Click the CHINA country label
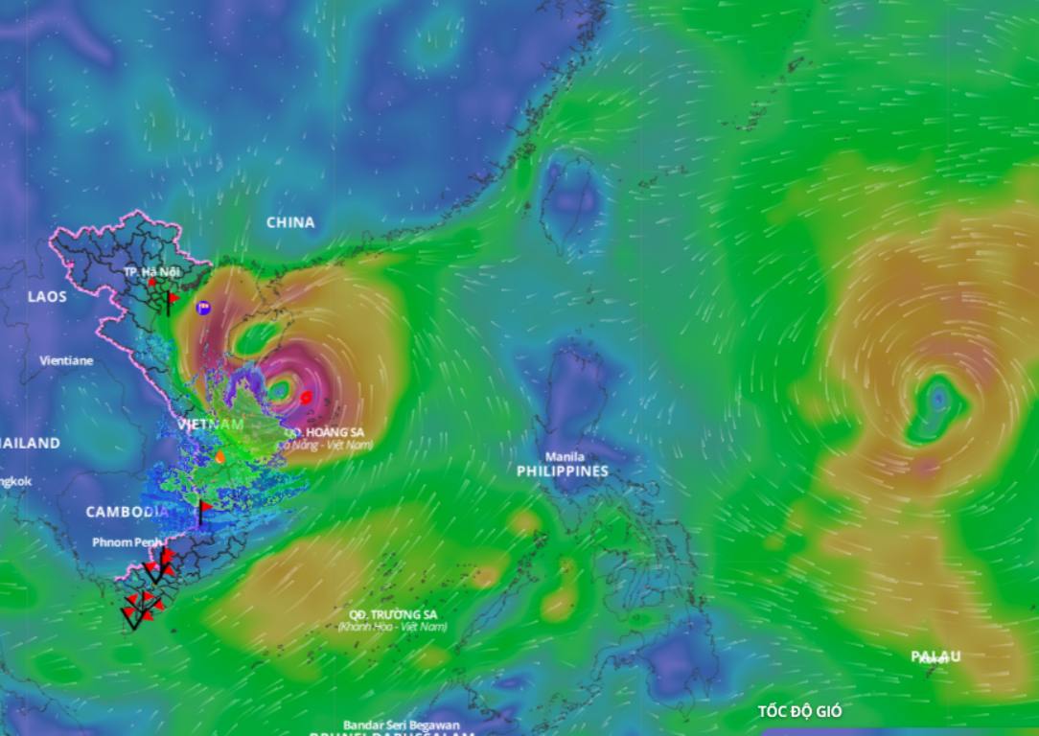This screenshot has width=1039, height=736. coord(290,222)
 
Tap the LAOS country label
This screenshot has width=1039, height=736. coord(47,296)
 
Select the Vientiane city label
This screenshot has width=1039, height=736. coord(66,361)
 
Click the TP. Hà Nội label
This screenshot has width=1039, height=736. coord(151,272)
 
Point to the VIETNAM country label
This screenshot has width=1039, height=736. coord(210,424)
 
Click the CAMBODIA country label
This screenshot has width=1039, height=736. coord(127,512)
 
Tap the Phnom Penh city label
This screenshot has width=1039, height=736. coord(127,542)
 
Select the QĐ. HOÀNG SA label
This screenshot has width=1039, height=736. coord(324,432)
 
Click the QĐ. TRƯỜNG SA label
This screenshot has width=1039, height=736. coord(393,613)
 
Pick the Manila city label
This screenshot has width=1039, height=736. coord(564,456)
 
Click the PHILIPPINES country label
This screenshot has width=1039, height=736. coord(563,471)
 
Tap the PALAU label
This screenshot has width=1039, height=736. coord(935,656)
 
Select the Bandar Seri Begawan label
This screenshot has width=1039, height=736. coord(402,724)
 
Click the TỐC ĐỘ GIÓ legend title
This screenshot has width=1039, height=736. coord(799,711)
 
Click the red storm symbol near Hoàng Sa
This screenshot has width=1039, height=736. coord(306,396)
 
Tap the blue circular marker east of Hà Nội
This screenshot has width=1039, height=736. coord(202,308)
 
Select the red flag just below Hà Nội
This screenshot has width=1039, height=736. coord(171,301)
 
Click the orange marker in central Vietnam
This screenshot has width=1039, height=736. coord(219,457)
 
